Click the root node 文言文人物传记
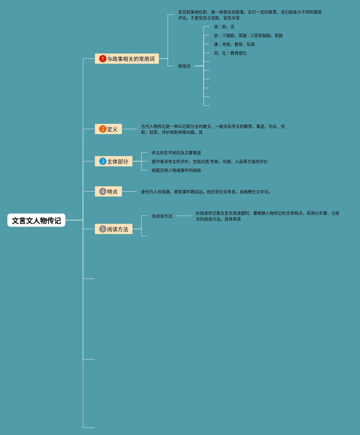pos(36,220)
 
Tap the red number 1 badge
pos(103,59)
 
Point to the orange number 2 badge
pos(103,129)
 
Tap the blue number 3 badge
pos(103,161)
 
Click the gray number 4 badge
pos(103,191)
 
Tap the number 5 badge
pos(103,229)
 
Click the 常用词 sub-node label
pos(184,66)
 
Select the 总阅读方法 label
pos(162,216)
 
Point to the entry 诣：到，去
pos(224,27)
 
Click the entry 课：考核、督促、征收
pos(234,44)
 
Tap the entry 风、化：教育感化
pos(230,53)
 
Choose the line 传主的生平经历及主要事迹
pos(176,153)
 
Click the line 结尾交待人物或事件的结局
pos(176,170)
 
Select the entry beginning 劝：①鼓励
pos(248,35)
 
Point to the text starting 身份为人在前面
pos(206,192)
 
